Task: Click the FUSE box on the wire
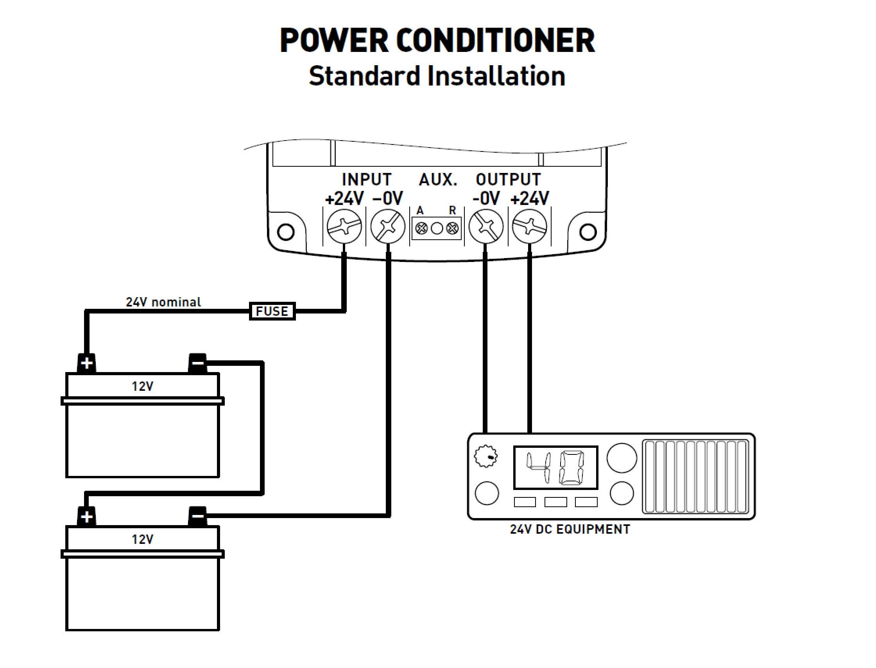point(272,311)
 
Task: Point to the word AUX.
point(438,180)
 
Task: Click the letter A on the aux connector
point(420,210)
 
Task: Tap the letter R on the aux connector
point(453,210)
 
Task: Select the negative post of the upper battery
point(197,363)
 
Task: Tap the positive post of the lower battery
point(86,517)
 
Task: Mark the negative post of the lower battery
point(197,516)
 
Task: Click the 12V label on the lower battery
point(143,539)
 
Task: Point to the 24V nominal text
point(163,302)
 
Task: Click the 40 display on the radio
point(555,467)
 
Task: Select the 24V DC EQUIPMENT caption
point(570,529)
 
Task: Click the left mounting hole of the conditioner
point(285,232)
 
